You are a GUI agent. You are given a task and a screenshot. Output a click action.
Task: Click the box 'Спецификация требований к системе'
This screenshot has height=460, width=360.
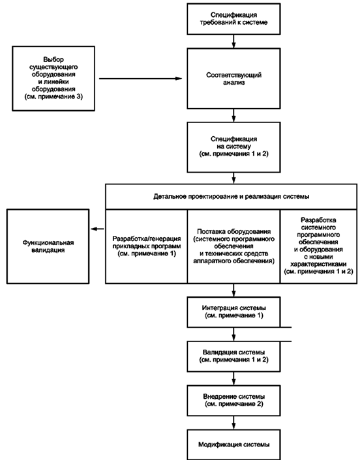(233, 19)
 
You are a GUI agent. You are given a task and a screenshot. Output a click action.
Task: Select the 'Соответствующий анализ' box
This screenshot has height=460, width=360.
(233, 79)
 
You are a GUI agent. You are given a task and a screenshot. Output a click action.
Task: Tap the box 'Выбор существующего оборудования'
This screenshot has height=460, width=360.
(53, 78)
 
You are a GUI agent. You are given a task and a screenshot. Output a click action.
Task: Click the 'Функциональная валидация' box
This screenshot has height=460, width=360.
(48, 246)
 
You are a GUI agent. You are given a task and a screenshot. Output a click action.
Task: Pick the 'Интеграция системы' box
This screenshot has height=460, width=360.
(233, 312)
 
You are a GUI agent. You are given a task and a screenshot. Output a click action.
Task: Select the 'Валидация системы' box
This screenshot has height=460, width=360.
(233, 356)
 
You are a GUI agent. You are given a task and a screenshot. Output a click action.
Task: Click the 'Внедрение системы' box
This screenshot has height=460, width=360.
(233, 401)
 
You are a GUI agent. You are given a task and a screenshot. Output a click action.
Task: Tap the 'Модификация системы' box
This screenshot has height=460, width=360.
(233, 445)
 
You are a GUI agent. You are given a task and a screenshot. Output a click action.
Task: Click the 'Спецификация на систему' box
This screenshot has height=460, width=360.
(233, 147)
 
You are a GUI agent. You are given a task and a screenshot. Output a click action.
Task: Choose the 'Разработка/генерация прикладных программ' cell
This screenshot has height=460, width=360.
(147, 246)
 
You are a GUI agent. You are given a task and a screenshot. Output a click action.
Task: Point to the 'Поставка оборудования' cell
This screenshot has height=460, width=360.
(233, 246)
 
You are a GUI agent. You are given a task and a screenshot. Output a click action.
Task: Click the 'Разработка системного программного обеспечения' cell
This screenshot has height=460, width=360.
(319, 246)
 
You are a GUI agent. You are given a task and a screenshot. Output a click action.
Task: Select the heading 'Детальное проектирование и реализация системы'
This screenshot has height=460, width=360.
(231, 197)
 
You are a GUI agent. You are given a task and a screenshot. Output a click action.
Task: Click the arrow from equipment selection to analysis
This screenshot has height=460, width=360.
(141, 79)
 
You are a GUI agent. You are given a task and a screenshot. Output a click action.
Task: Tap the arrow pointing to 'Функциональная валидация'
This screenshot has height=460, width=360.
(97, 229)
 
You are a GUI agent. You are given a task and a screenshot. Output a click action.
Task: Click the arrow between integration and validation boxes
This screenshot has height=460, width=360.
(233, 334)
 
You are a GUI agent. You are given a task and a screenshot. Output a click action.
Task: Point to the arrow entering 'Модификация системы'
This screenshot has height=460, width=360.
(233, 423)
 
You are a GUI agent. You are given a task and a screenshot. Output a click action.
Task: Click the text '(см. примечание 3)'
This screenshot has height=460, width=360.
(53, 97)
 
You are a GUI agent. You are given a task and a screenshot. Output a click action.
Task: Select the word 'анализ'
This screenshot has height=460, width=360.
(233, 83)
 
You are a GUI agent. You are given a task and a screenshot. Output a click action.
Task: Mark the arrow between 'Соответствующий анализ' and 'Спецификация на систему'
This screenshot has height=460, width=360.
(233, 115)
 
